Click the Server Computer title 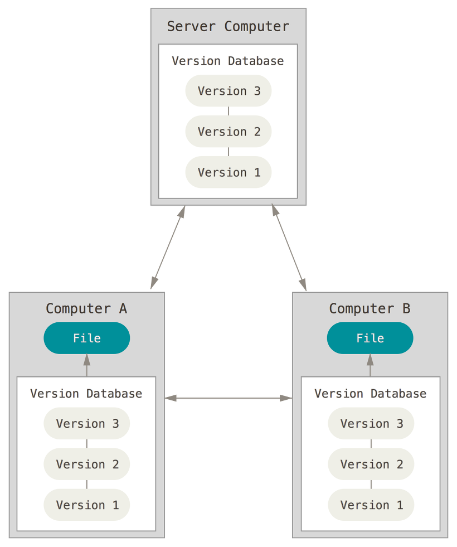click(228, 27)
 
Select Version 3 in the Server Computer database click(229, 91)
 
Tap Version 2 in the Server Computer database click(229, 132)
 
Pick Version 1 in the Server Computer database click(229, 172)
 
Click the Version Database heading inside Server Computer click(227, 61)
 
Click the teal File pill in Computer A click(87, 338)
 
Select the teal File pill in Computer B click(370, 338)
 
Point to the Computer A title click(86, 309)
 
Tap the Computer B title click(370, 309)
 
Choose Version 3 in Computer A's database click(87, 424)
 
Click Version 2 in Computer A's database click(87, 464)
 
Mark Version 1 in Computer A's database click(87, 505)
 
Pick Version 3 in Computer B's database click(371, 424)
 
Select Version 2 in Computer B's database click(371, 464)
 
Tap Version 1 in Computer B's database click(371, 505)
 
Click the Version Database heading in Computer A click(86, 394)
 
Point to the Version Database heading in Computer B click(371, 394)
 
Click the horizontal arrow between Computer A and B click(229, 398)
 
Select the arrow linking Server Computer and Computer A click(168, 248)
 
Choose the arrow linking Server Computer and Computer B click(289, 248)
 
